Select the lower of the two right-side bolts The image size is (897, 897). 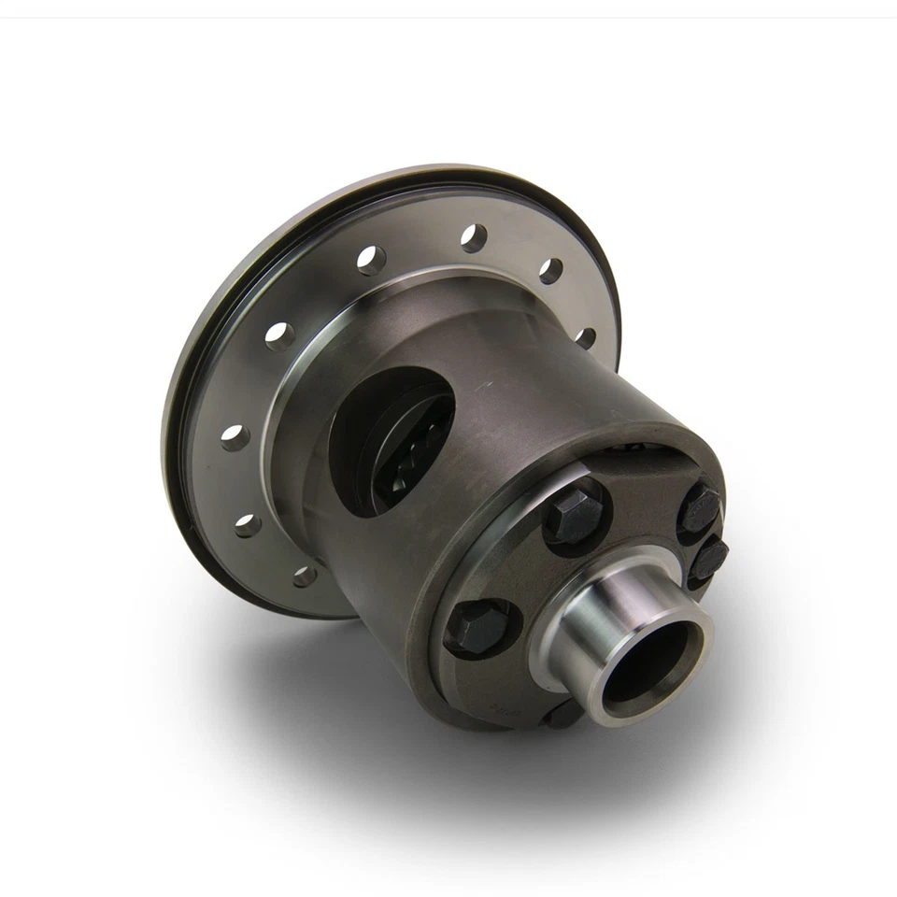click(x=709, y=560)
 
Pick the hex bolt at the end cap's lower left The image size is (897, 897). click(x=477, y=627)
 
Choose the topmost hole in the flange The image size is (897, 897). click(x=474, y=238)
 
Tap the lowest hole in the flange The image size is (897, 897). click(x=305, y=576)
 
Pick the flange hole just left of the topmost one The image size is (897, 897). click(x=371, y=260)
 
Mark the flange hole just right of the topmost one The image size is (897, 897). click(x=551, y=271)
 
